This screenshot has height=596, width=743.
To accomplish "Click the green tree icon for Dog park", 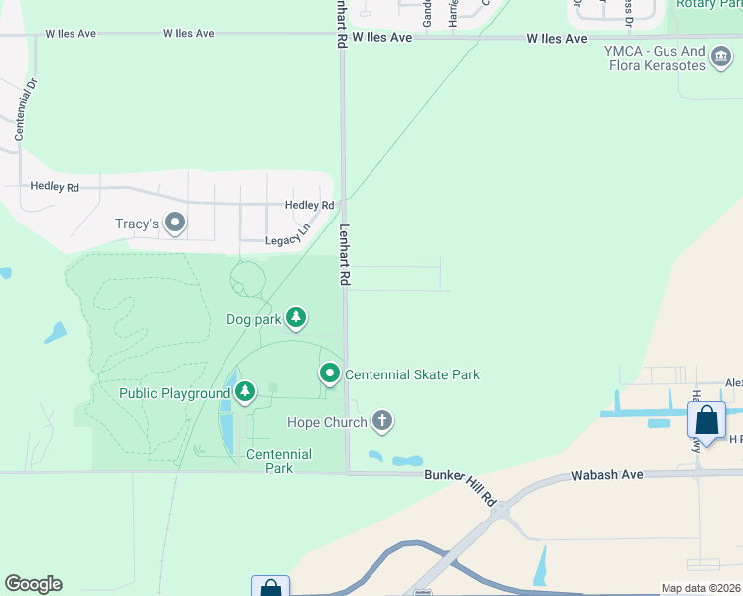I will tap(295, 318).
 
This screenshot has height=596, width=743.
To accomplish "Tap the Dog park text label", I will tap(253, 319).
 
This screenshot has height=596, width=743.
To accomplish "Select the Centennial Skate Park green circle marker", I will tap(330, 374).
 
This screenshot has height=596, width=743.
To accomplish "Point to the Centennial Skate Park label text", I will tap(412, 374).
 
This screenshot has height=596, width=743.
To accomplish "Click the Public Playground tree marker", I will tap(244, 393).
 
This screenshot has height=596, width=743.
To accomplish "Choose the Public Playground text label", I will tap(175, 393).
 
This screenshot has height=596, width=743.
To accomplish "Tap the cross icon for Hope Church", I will tap(382, 422).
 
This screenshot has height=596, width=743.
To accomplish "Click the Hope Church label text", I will tap(326, 422).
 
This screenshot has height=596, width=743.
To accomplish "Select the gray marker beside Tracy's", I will tap(176, 223).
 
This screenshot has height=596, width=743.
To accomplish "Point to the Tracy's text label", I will tap(139, 223).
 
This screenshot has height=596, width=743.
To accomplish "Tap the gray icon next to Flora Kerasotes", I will tap(721, 65).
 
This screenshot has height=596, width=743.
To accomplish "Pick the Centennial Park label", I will tap(279, 461).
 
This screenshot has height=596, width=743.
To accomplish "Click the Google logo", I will tap(33, 584).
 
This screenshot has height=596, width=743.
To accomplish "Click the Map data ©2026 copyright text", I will tap(700, 588).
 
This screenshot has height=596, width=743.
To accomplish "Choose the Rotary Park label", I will tap(708, 4).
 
